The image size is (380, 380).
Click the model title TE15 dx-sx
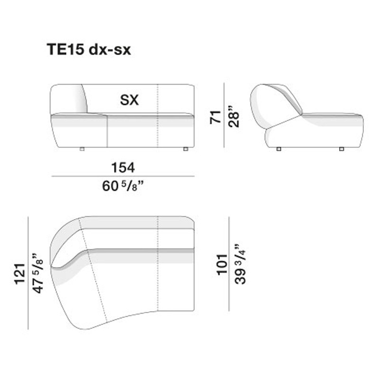click(x=88, y=50)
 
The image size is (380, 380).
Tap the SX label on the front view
click(x=129, y=100)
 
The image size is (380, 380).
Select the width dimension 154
click(x=123, y=167)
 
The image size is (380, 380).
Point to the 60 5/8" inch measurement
click(x=123, y=185)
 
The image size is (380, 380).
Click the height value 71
click(x=216, y=116)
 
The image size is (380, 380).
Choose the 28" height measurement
click(x=233, y=116)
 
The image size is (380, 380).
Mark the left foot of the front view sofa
click(x=82, y=149)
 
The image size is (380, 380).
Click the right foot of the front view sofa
click(x=185, y=149)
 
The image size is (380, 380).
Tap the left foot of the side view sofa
click(x=278, y=149)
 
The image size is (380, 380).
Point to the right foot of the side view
click(x=342, y=149)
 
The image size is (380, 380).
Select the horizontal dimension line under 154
click(x=123, y=176)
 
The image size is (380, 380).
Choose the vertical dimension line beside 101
click(x=229, y=264)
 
